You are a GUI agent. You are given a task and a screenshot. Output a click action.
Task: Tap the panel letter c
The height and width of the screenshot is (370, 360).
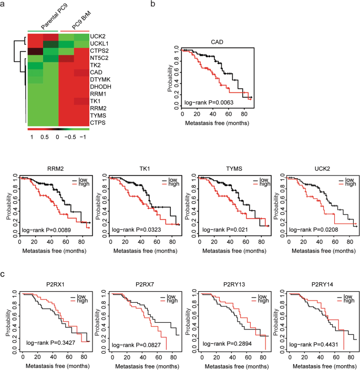pos(4,275)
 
